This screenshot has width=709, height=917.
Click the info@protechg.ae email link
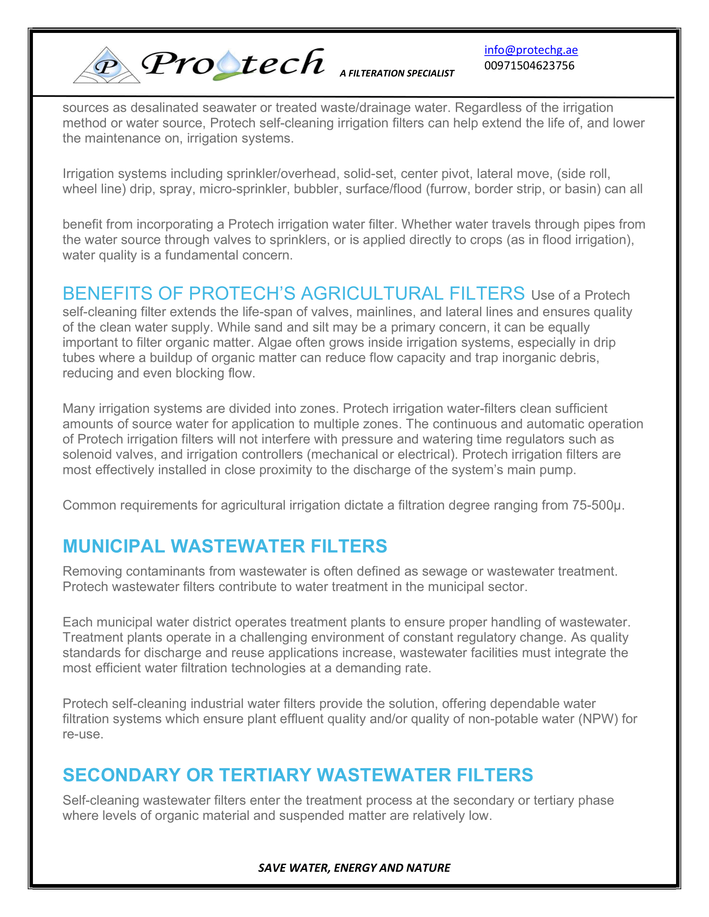click(x=530, y=50)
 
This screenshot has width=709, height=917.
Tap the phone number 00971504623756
click(x=529, y=65)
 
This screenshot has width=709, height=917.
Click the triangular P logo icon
click(x=107, y=65)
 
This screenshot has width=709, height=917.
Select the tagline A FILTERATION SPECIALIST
click(x=397, y=73)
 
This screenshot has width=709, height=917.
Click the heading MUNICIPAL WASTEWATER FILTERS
click(x=225, y=546)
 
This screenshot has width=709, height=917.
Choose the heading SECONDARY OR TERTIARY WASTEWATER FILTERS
click(x=297, y=775)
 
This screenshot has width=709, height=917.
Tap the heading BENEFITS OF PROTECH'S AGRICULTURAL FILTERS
click(x=293, y=293)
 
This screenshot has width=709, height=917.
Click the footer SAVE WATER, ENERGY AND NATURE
click(x=354, y=867)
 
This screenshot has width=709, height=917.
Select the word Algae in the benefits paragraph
click(x=273, y=343)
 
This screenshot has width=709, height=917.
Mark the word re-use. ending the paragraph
click(x=83, y=734)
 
